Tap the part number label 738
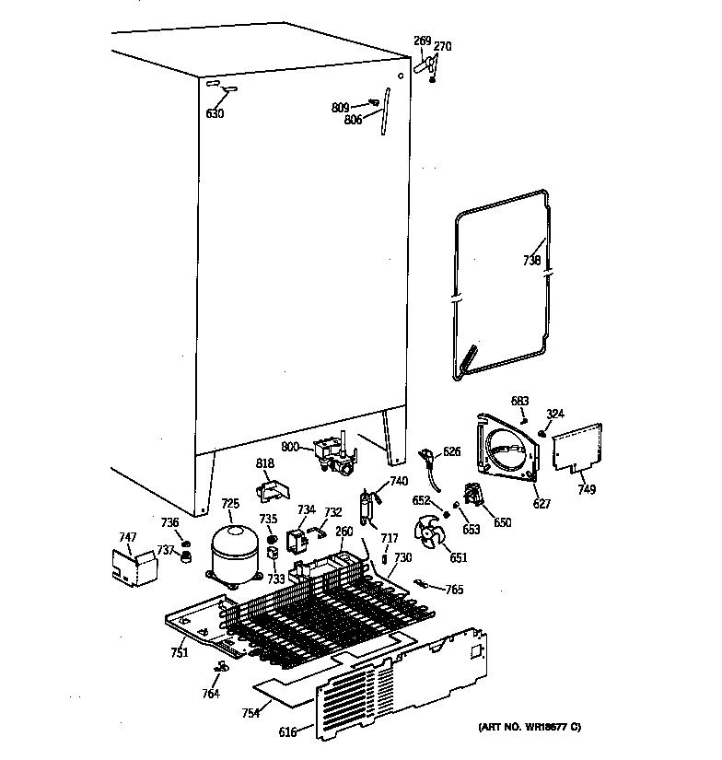coord(531,261)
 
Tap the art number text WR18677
coord(529,729)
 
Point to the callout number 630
coord(214,113)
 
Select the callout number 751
coord(179,653)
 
